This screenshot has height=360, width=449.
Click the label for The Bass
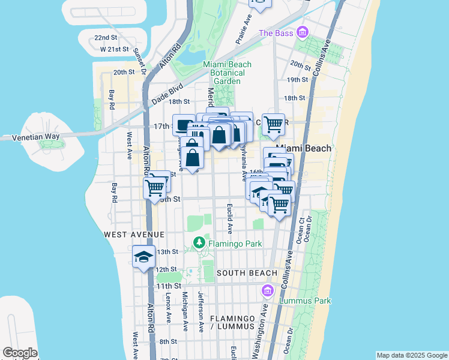click(x=276, y=32)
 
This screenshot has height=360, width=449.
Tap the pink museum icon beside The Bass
click(x=302, y=32)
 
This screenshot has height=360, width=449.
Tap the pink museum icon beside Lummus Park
click(x=268, y=291)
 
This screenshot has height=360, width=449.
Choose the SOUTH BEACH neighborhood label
click(x=247, y=273)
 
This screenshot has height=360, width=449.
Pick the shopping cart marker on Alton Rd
click(x=155, y=187)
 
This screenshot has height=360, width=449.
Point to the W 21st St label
click(x=115, y=49)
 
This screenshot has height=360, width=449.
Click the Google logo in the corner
click(x=20, y=353)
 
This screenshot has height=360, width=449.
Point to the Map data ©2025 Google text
click(x=411, y=355)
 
